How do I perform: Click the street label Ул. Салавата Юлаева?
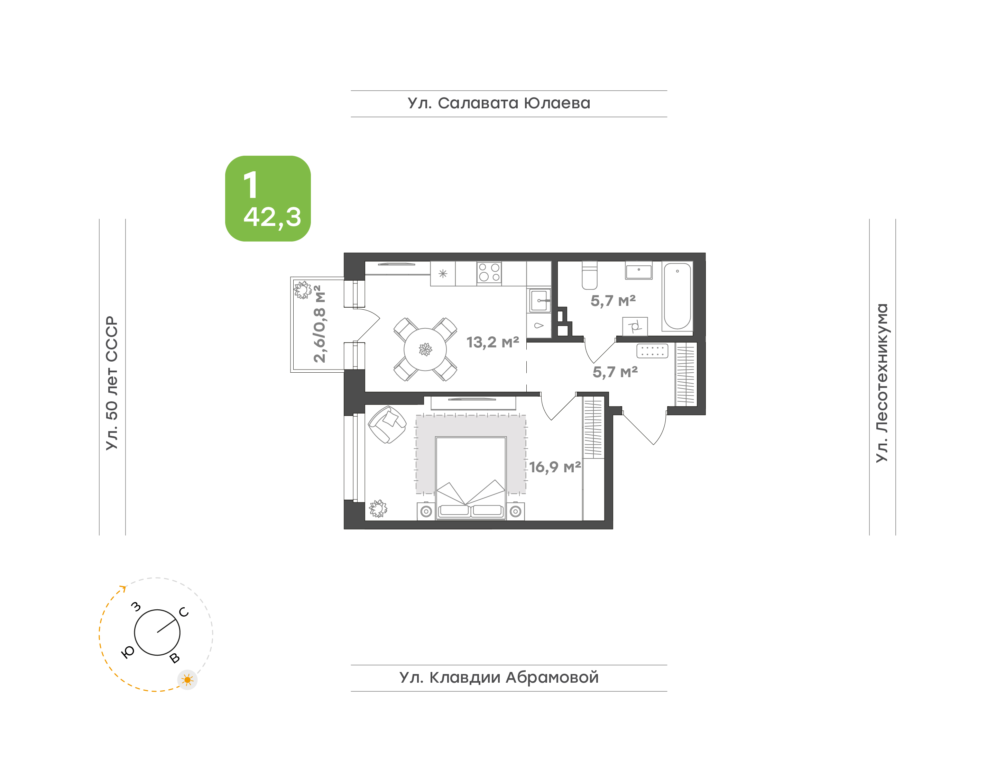499,103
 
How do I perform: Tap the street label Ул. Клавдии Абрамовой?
499,677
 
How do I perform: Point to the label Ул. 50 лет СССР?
112,383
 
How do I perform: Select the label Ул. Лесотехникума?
882,383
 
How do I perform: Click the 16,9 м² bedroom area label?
555,467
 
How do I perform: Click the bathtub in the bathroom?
677,296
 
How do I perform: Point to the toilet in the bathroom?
589,276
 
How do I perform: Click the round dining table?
425,349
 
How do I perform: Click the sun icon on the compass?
187,680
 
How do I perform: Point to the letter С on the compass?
184,612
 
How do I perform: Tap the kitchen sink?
539,300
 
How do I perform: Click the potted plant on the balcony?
302,290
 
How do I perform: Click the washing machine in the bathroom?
635,326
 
